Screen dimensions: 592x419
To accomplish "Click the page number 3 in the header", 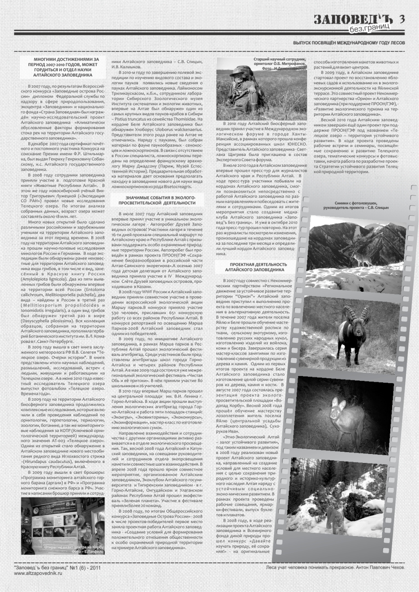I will point(402,18).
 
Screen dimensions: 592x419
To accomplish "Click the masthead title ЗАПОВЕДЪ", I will point(353,19).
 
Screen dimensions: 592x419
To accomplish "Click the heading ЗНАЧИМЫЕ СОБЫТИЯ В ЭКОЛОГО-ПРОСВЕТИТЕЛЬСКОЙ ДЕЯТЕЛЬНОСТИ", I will point(160,200).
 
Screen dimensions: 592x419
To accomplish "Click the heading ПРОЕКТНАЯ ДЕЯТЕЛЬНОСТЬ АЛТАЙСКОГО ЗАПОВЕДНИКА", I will point(254,268).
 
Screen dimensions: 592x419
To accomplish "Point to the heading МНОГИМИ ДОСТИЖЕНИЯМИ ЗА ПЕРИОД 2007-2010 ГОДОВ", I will point(63,67).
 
